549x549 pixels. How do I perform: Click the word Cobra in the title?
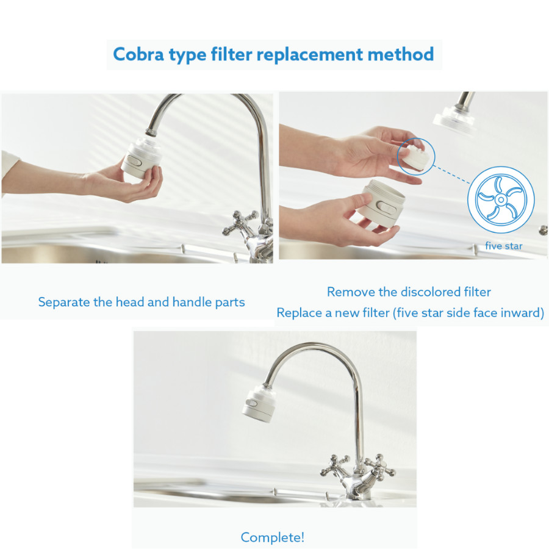(x=138, y=55)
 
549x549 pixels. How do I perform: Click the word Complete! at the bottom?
(x=273, y=537)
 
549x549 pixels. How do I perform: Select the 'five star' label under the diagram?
(x=503, y=246)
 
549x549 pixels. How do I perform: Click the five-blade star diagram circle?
(x=501, y=200)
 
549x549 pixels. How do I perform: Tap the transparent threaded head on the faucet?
(x=454, y=120)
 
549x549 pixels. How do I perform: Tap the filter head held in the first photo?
(x=141, y=158)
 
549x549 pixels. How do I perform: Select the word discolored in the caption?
(x=431, y=292)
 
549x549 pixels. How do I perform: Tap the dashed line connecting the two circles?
(x=452, y=174)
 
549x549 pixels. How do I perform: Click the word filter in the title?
(x=231, y=54)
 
